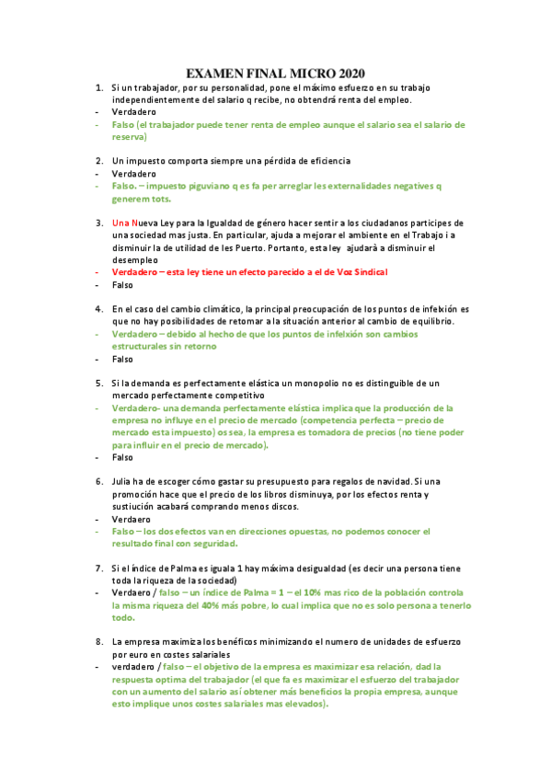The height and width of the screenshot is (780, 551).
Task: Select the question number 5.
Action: coord(98,382)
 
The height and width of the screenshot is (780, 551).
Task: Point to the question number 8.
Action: coord(98,640)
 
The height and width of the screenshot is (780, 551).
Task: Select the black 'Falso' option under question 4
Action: coord(122,360)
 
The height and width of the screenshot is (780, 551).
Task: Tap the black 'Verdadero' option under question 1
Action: coord(134,111)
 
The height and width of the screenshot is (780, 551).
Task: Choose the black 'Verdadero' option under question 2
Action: coord(134,173)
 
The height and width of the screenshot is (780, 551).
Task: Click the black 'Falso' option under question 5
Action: coord(122,457)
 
